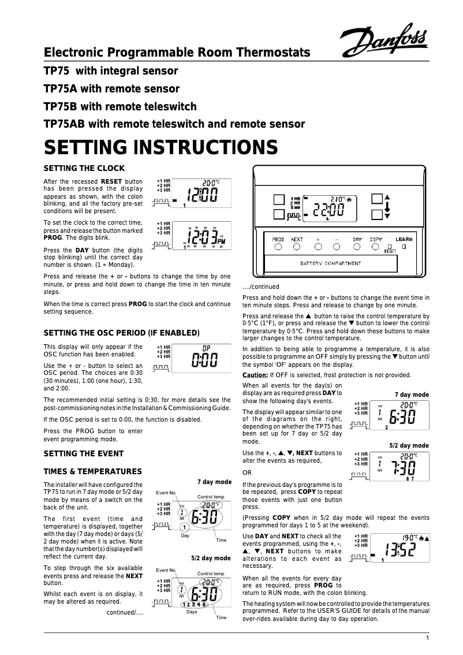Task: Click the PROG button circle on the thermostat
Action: (x=278, y=247)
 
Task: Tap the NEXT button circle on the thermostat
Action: (x=297, y=247)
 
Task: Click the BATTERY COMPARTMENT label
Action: (x=331, y=263)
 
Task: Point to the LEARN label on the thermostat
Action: (x=404, y=239)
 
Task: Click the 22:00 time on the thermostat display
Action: (x=328, y=211)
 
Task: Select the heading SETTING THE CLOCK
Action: (x=84, y=169)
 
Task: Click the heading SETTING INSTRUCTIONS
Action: (x=161, y=147)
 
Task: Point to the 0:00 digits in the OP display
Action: (x=204, y=362)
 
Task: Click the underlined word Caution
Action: (x=255, y=375)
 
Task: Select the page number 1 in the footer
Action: (x=427, y=638)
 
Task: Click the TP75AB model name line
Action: (x=174, y=124)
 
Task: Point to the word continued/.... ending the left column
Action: (x=124, y=613)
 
